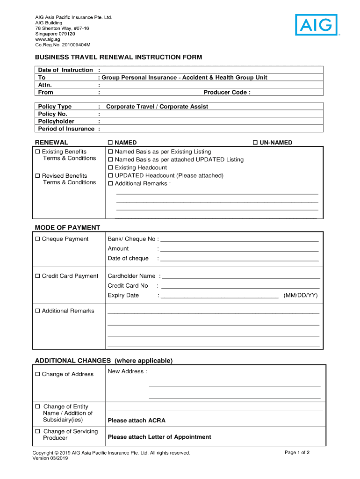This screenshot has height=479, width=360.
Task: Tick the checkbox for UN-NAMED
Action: coord(255,143)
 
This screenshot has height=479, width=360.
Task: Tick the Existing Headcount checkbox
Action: coord(111,168)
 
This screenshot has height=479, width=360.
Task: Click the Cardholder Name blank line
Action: coord(241,276)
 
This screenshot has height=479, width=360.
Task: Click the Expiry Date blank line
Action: coord(220,296)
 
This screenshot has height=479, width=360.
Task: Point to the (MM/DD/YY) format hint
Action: coord(300,296)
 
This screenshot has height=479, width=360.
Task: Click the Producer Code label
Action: coord(227,93)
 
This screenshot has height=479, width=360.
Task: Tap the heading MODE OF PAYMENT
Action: coord(67,228)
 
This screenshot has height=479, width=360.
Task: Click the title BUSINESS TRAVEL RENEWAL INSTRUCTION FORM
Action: coord(119,57)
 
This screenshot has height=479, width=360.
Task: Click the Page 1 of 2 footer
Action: coord(297,453)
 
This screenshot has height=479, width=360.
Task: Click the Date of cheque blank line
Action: coord(239,259)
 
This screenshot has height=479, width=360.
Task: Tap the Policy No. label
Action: coord(53,114)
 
